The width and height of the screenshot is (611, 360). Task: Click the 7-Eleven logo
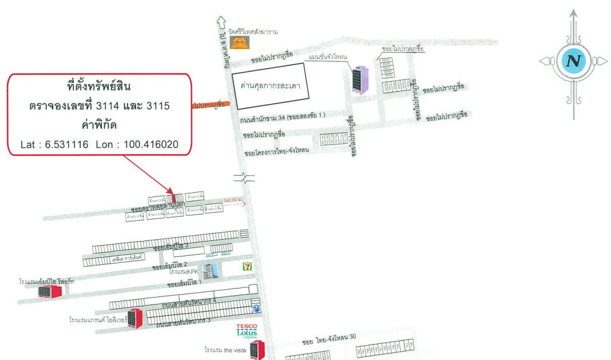(247, 266)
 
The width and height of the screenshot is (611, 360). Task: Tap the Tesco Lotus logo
(247, 331)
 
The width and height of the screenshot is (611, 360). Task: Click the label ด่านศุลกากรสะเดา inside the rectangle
(268, 89)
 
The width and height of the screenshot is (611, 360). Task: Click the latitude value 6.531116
(67, 144)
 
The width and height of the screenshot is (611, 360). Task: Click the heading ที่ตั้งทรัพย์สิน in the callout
(98, 87)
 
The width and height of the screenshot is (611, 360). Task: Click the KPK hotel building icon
(211, 271)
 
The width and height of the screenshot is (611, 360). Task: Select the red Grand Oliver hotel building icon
(134, 318)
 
